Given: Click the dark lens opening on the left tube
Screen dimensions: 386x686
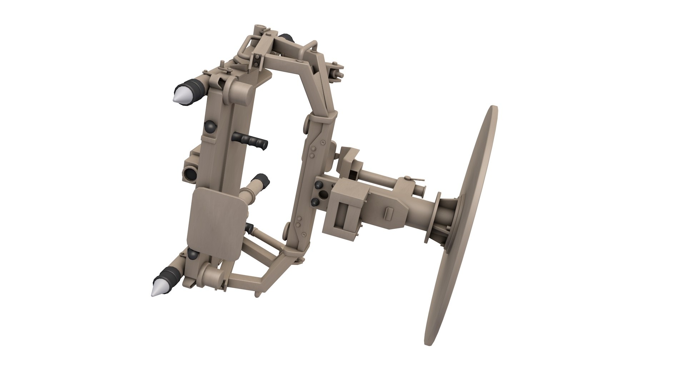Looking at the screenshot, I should pyautogui.click(x=189, y=174).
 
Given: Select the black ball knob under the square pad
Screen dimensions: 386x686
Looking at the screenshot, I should pyautogui.click(x=193, y=254).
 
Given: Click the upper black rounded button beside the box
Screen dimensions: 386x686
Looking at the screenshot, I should pyautogui.click(x=318, y=185).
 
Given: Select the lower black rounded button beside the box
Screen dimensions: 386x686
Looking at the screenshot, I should pyautogui.click(x=315, y=202).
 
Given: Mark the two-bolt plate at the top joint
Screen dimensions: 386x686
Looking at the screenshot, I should pyautogui.click(x=257, y=61).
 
